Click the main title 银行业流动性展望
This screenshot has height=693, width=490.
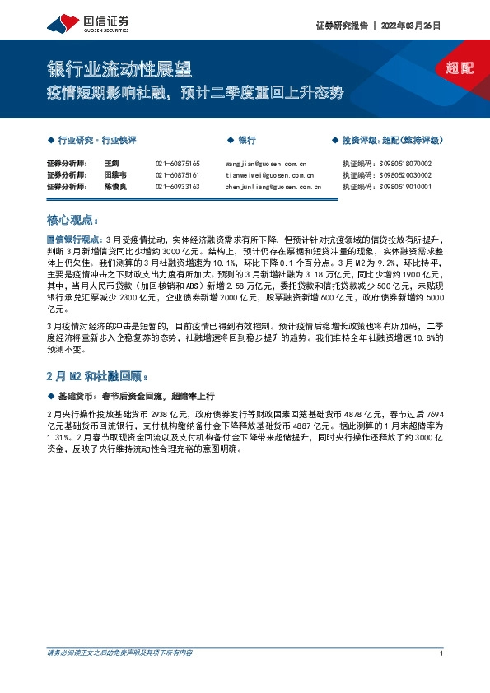123,67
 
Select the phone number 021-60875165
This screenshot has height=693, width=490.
177,164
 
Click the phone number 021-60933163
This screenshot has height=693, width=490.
177,187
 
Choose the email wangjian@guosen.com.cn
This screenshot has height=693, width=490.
265,164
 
